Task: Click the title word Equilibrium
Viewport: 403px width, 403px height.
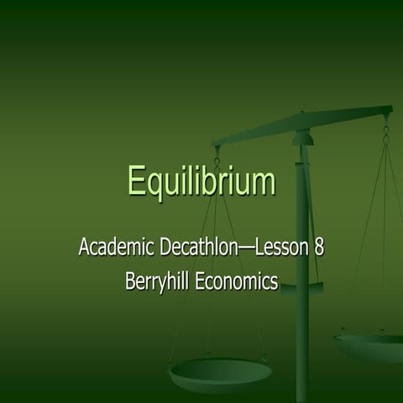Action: (x=201, y=181)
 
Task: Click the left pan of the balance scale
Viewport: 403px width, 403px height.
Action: (x=220, y=370)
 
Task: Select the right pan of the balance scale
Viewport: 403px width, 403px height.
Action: (x=369, y=345)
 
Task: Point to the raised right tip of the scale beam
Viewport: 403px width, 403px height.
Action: (x=388, y=109)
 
